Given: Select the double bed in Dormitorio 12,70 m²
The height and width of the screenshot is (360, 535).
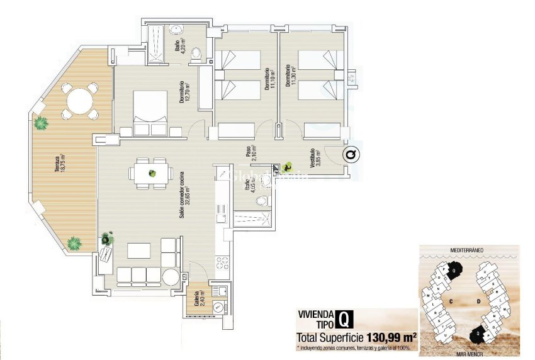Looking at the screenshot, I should click(150, 113).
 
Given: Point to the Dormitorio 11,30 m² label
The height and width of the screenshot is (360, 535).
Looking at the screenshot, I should click(288, 77).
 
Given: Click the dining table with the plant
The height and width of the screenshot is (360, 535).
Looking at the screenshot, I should click(152, 172).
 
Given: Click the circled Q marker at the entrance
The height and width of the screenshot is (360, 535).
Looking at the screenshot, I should click(350, 154).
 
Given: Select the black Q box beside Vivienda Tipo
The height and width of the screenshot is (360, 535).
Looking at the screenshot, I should click(344, 318).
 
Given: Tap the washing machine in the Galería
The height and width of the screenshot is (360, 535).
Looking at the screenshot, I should click(218, 307).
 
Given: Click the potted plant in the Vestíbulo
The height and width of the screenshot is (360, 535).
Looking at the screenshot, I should click(288, 167).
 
